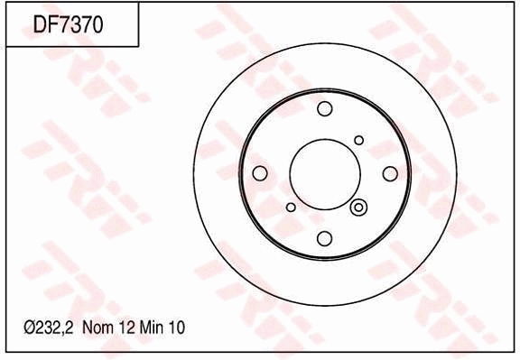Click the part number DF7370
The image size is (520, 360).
point(68,25)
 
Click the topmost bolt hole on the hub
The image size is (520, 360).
point(325,108)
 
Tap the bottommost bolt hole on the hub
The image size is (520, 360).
point(325,238)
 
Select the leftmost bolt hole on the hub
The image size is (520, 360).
point(260,173)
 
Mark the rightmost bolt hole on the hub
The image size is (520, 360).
point(390,173)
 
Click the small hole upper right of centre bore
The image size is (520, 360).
point(358,140)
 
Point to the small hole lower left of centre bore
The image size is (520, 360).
point(291,207)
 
